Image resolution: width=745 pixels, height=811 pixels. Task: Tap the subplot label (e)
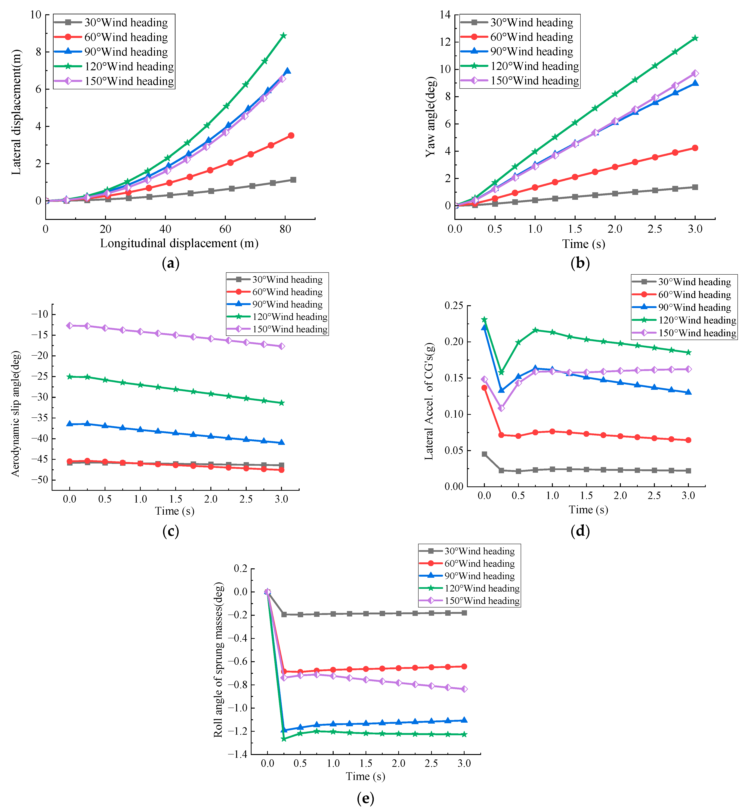365,798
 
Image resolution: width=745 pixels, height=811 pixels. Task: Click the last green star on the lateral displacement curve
283,36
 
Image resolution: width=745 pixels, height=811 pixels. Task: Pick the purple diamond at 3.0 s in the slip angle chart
281,346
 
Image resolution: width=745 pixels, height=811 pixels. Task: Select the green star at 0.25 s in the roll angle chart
284,739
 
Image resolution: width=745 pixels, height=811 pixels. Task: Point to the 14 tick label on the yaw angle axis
445,15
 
